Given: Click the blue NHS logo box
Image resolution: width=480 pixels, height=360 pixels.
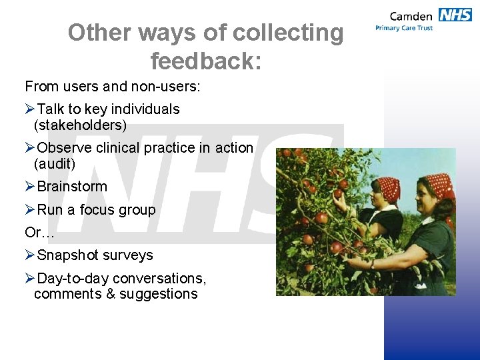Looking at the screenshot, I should [455, 15].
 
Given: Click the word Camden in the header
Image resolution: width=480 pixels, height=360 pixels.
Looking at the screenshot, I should [410, 15].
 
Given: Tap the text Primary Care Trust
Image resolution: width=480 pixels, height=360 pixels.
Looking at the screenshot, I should [404, 28].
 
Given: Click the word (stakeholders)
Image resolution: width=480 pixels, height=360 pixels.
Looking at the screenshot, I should [80, 125].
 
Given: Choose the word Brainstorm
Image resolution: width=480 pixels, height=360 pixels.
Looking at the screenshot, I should [72, 187].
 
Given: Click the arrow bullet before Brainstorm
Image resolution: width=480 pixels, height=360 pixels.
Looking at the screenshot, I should [30, 187].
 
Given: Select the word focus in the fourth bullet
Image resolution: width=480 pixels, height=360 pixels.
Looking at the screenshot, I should [97, 210].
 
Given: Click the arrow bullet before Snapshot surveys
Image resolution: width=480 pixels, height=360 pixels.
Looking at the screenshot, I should [30, 255].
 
